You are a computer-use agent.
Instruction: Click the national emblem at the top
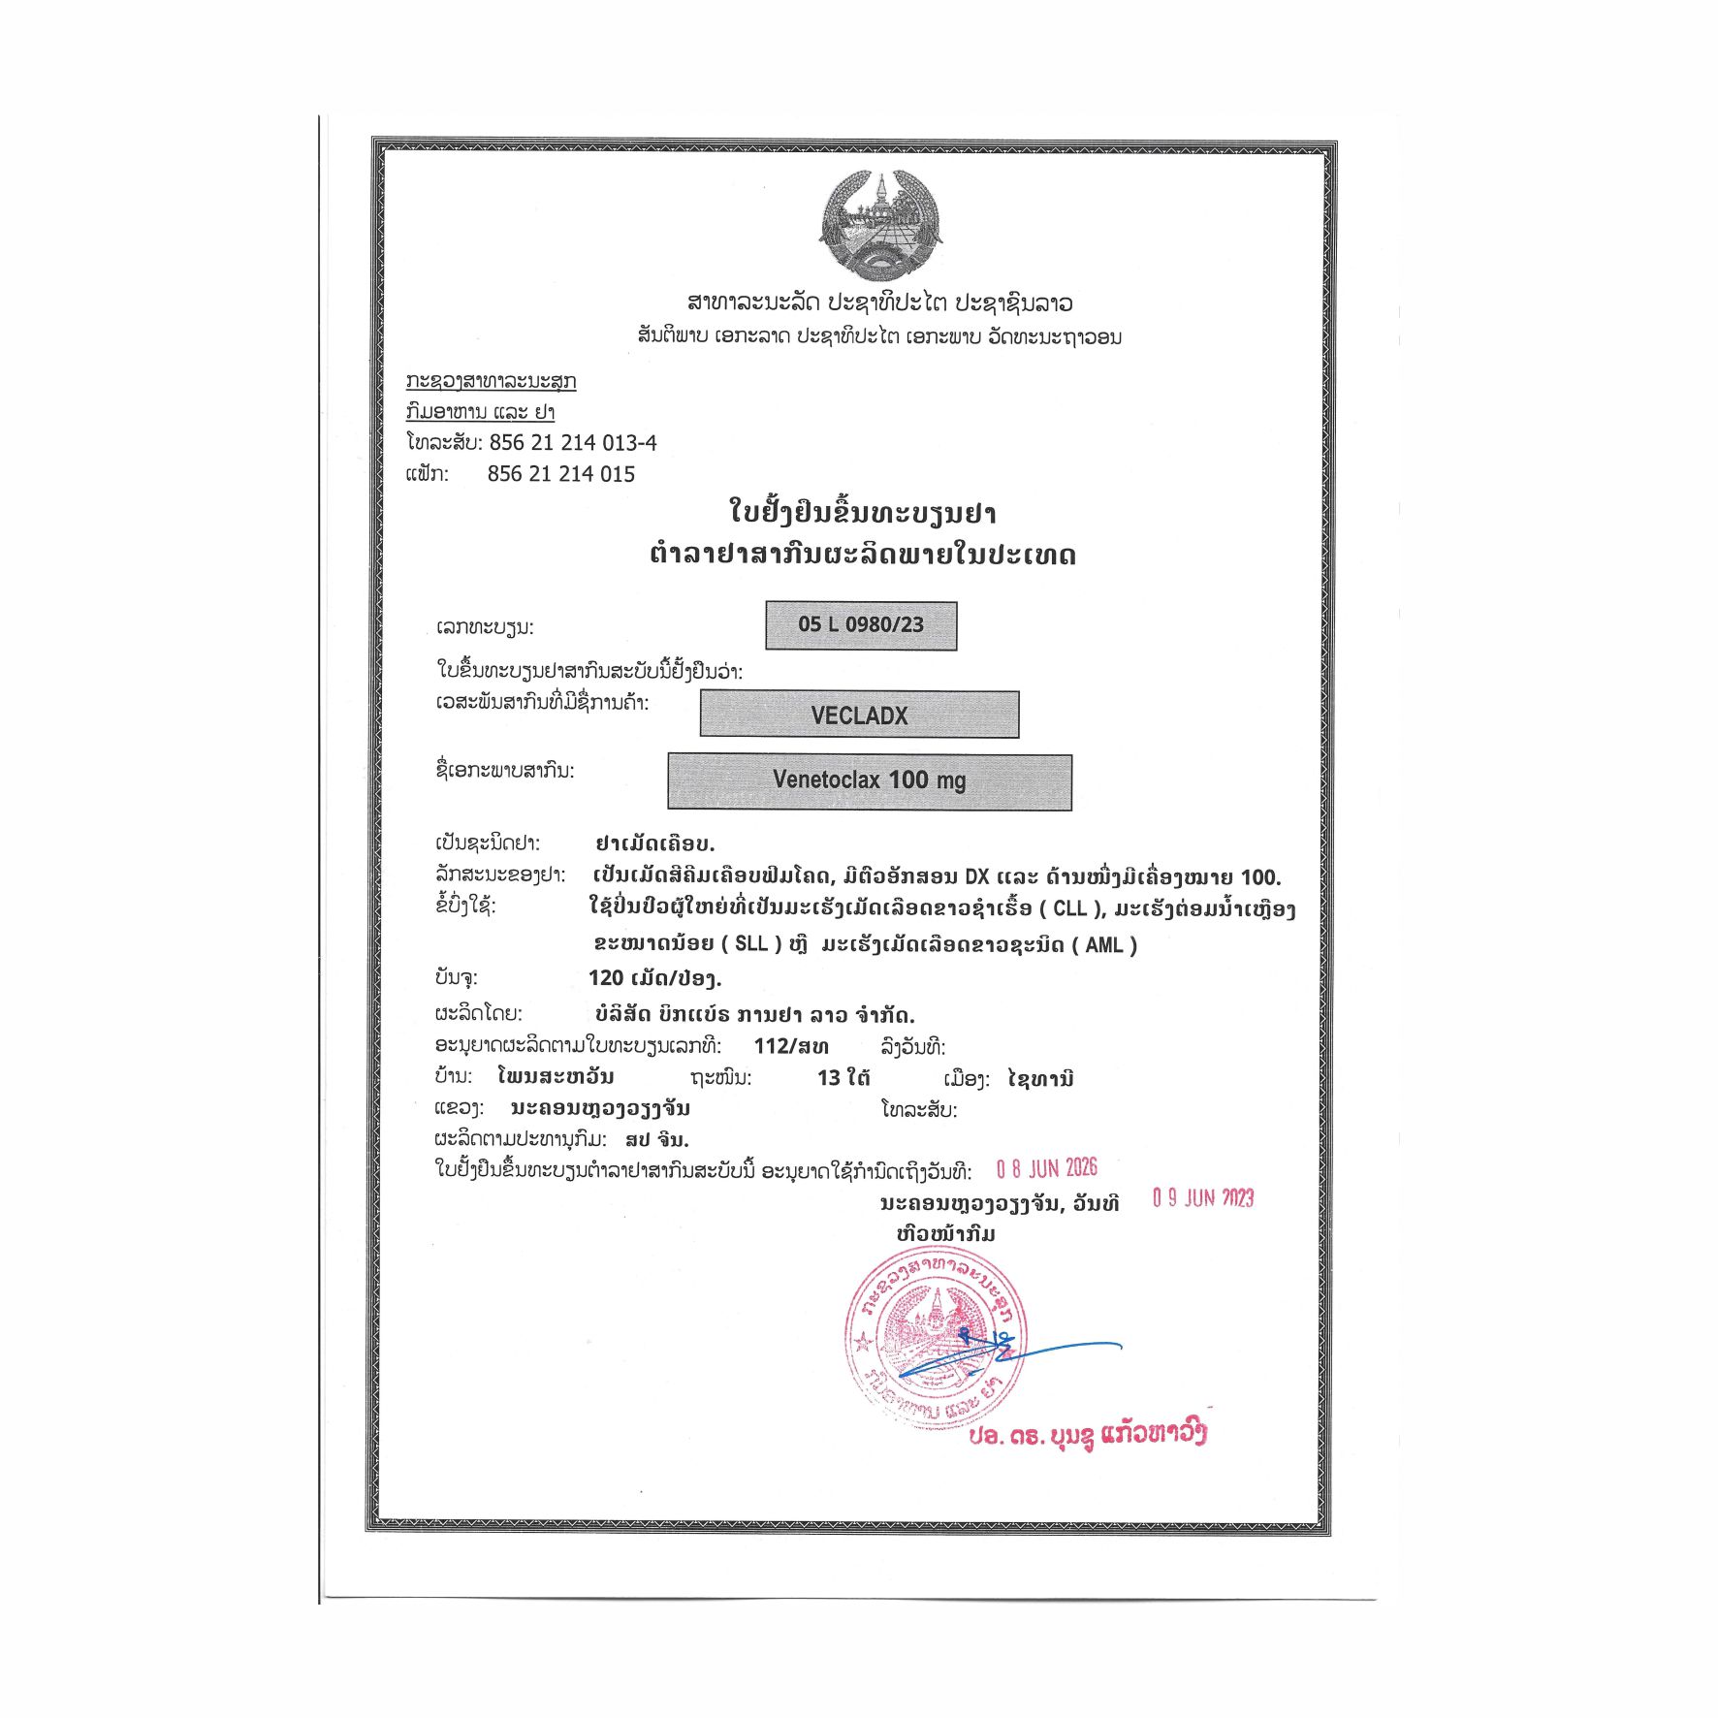(879, 226)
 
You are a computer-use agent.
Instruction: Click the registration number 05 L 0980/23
(861, 625)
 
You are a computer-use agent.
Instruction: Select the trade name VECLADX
(859, 716)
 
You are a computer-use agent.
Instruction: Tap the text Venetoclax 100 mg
(870, 780)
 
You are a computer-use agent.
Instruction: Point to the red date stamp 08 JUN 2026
(1046, 1168)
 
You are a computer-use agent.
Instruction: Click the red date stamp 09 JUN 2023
(1202, 1198)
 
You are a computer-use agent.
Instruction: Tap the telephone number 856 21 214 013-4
(572, 443)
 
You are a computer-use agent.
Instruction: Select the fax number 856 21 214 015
(560, 474)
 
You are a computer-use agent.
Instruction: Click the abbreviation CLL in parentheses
(1070, 909)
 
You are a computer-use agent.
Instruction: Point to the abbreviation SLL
(751, 944)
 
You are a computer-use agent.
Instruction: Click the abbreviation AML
(1103, 944)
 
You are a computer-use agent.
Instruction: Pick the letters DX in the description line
(976, 877)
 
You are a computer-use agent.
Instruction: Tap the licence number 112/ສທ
(791, 1046)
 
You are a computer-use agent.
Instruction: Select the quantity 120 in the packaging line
(606, 978)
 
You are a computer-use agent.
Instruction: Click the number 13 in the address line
(829, 1078)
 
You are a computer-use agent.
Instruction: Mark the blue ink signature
(1008, 1353)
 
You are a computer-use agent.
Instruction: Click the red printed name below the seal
(1087, 1435)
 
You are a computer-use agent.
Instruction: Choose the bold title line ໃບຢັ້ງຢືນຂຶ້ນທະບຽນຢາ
(862, 512)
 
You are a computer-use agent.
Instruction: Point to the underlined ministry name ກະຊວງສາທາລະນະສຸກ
(491, 381)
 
